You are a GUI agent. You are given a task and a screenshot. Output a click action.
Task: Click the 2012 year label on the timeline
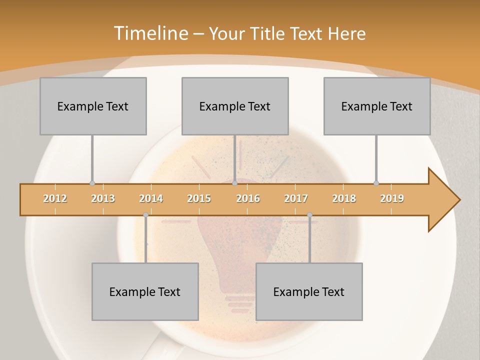[55, 198]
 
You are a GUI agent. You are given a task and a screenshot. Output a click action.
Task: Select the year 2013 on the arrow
[103, 198]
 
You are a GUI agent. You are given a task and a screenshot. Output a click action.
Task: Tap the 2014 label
[151, 198]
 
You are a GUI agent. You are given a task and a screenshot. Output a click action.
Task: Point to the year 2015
[199, 198]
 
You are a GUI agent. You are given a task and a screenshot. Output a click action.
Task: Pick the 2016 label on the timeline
[248, 198]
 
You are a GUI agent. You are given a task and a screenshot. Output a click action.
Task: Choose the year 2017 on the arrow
[296, 198]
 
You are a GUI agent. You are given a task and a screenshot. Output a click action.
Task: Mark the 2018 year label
[344, 198]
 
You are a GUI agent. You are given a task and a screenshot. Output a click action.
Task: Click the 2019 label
[392, 198]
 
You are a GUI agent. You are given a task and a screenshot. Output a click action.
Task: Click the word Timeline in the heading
[149, 33]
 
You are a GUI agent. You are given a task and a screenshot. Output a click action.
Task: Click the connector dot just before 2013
[92, 183]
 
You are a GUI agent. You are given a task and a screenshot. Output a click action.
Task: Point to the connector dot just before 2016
[234, 183]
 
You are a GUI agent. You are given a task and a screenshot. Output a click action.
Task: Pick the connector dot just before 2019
[376, 183]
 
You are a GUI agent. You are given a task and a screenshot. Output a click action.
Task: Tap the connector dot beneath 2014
[145, 215]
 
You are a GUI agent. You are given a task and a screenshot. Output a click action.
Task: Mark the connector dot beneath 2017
[309, 215]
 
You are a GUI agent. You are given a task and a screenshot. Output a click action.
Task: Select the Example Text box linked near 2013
[93, 106]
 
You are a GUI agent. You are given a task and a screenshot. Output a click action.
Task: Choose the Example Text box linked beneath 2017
[309, 291]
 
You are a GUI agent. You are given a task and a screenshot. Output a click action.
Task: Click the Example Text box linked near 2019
[377, 106]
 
